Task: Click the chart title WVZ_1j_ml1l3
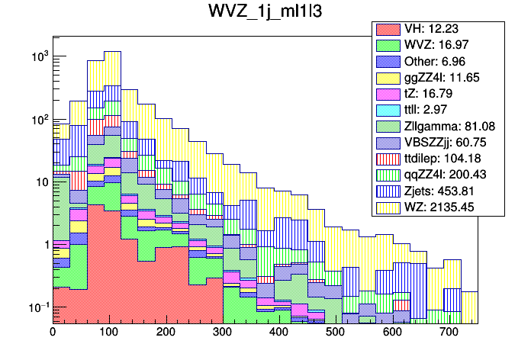click(x=265, y=14)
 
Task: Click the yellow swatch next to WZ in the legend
click(x=387, y=206)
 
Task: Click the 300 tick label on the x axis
click(x=222, y=333)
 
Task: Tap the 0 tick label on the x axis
click(x=53, y=333)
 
